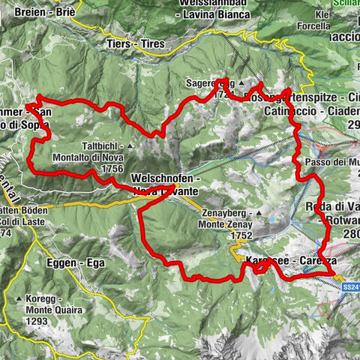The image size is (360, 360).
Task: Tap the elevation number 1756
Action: click(109, 169)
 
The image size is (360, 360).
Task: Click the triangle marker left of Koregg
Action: click(19, 298)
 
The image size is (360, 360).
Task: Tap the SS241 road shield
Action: click(350, 286)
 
